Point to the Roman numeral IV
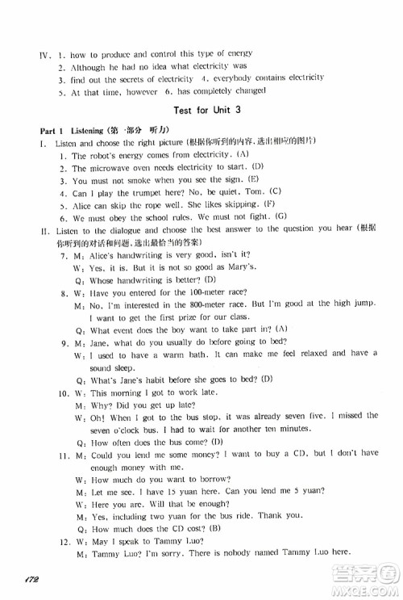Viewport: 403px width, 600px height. click(x=35, y=53)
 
